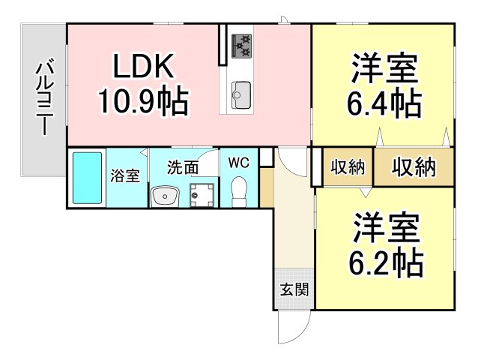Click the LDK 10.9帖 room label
point(143,84)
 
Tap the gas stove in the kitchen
point(242,46)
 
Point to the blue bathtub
point(87,178)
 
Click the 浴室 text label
point(125,175)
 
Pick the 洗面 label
point(183,167)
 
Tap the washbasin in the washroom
point(165,196)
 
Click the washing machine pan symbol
point(202,195)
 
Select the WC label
point(239,163)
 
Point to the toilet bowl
point(239,192)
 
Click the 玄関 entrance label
point(294,289)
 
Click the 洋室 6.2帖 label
point(386,244)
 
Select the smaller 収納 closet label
point(348,167)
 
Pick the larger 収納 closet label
point(414,167)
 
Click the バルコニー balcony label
point(44,95)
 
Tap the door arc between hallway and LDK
point(292,162)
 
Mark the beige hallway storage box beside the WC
point(266,187)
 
